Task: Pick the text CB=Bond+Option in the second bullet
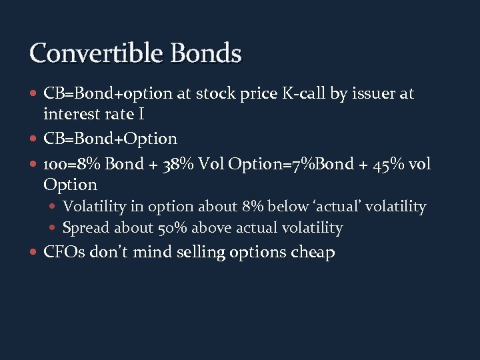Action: point(110,139)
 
